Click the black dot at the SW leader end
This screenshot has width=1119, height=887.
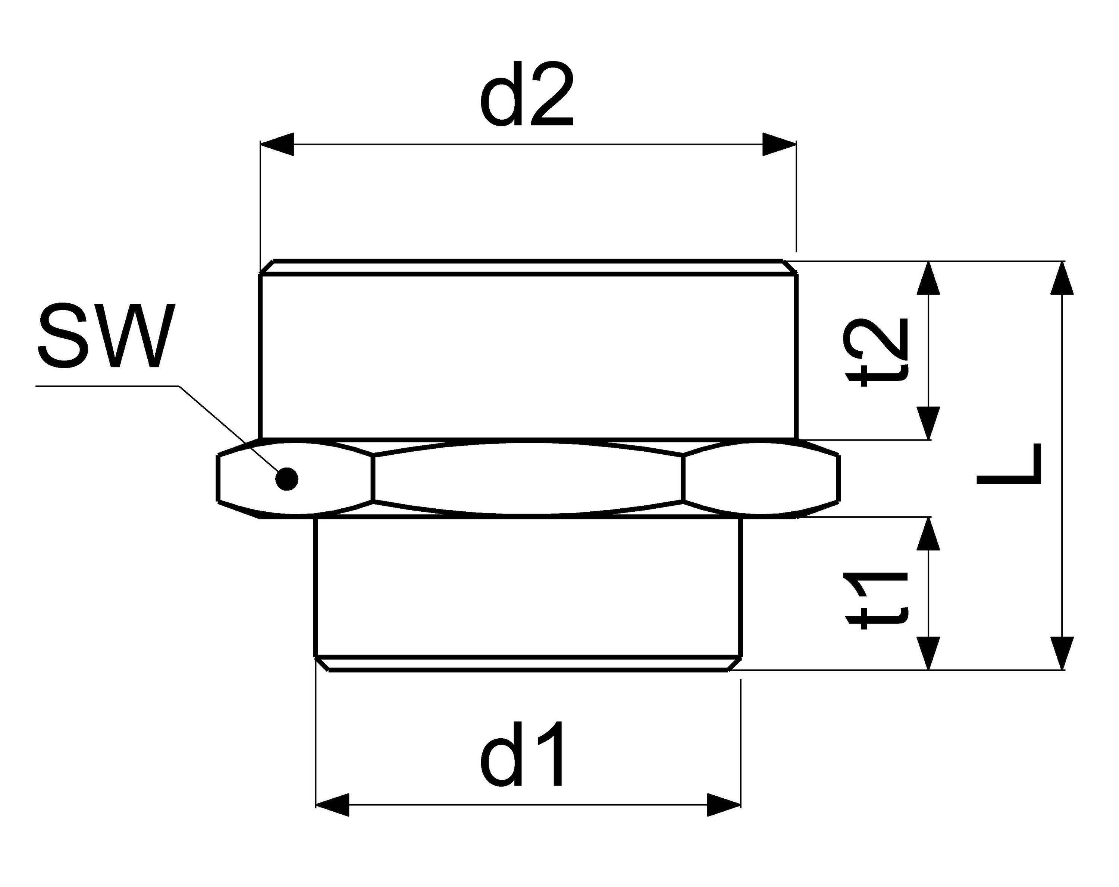[287, 478]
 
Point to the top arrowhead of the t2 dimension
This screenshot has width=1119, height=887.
[928, 278]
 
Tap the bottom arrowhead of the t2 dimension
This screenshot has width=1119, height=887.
[928, 423]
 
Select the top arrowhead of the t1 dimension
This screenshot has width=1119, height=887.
[928, 534]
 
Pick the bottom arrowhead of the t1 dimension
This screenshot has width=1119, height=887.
[928, 653]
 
